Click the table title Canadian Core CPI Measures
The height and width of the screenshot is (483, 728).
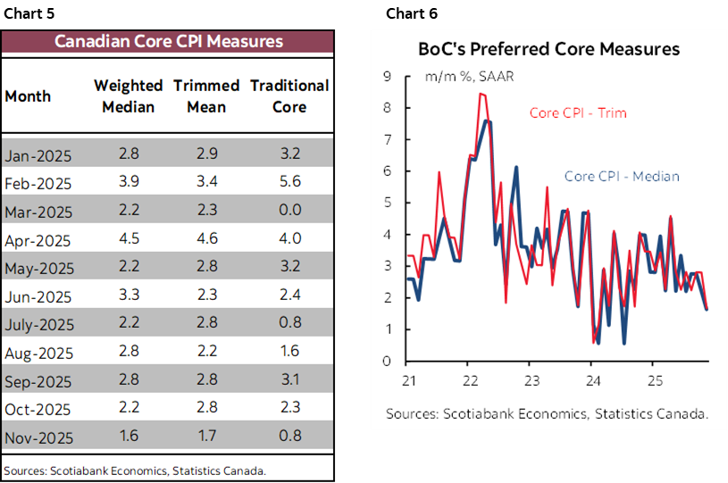point(168,42)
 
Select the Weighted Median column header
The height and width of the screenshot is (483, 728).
point(129,96)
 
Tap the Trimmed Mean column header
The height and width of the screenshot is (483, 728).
point(206,96)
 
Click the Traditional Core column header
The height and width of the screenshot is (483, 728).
point(289,96)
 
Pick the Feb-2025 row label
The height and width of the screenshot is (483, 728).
point(38,184)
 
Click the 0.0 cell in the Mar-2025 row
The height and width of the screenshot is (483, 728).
point(289,211)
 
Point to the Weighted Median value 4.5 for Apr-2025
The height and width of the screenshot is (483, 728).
point(129,239)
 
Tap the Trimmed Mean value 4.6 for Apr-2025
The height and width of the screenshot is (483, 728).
point(206,239)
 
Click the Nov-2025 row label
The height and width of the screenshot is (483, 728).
point(38,438)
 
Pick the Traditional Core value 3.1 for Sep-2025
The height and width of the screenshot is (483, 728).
point(289,380)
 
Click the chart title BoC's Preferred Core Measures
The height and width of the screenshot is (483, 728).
point(548,48)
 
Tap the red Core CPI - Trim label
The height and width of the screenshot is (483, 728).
point(578,113)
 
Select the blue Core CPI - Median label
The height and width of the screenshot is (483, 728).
point(622,177)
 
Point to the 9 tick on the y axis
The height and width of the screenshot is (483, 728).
point(387,77)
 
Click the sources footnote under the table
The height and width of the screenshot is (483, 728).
point(135,471)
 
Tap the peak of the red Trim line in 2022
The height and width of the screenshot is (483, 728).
point(481,93)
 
